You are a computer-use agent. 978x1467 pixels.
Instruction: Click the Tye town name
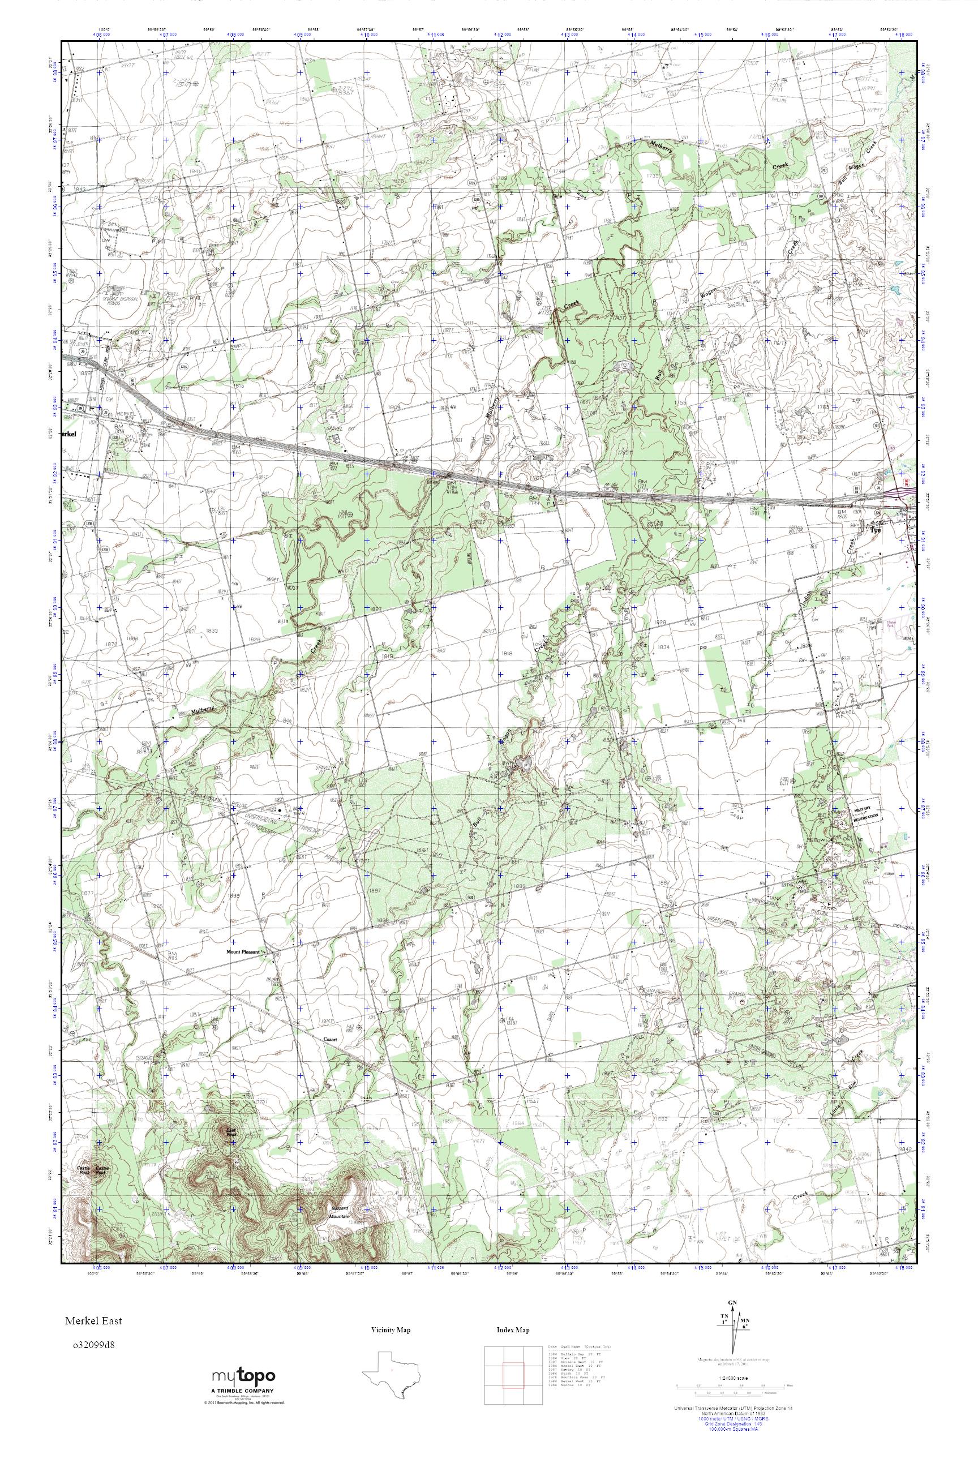coord(876,526)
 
